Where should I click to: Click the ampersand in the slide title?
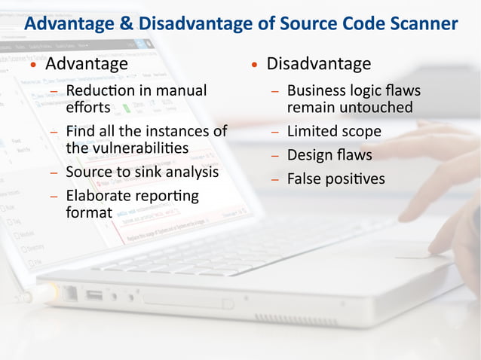(125, 23)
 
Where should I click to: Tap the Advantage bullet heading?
(86, 64)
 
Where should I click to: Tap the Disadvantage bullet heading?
(319, 64)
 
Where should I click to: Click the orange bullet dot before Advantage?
(33, 66)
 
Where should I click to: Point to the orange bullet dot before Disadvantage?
(256, 66)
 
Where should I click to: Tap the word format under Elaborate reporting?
(88, 212)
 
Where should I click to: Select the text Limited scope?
(334, 131)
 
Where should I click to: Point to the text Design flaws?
(329, 155)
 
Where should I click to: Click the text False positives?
(335, 179)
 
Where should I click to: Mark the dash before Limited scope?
(275, 132)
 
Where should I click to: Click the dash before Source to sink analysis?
(54, 172)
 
